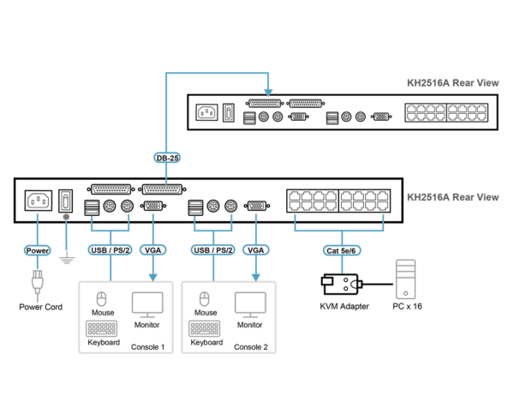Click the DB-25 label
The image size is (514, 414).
[x=167, y=158]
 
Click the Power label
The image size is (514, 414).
[x=37, y=250]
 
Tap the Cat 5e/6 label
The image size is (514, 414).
[x=342, y=250]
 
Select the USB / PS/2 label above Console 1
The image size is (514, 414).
[x=110, y=250]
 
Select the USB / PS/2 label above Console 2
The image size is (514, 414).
[x=212, y=250]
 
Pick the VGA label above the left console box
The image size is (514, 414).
[x=152, y=250]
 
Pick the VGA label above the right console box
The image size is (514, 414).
[x=255, y=250]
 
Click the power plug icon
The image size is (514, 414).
[x=37, y=283]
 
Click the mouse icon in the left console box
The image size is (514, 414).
[x=101, y=299]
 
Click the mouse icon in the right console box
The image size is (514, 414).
[x=204, y=299]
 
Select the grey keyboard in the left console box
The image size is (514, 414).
[x=101, y=328]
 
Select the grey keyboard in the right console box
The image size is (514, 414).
[x=204, y=328]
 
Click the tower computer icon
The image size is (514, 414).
[x=405, y=279]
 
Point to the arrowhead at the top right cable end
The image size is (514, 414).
[x=268, y=92]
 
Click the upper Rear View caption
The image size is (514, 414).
[x=452, y=83]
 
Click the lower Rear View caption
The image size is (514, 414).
[x=452, y=197]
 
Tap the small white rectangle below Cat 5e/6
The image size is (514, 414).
[x=327, y=281]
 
